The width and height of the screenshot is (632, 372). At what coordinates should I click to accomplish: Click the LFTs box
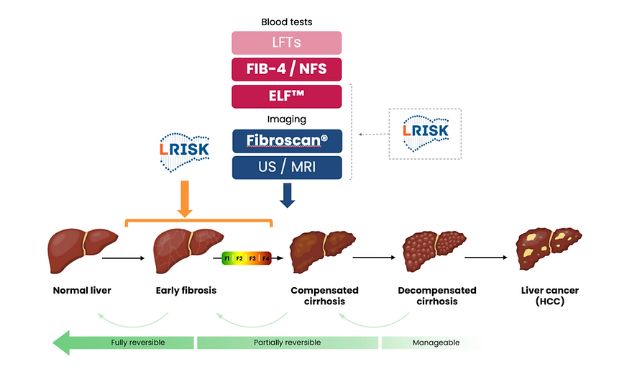pyautogui.click(x=286, y=43)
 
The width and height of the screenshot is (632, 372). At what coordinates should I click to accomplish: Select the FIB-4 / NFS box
pyautogui.click(x=286, y=70)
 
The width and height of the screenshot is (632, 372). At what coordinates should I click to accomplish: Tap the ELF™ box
pyautogui.click(x=286, y=96)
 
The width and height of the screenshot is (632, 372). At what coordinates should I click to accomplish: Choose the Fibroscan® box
pyautogui.click(x=286, y=141)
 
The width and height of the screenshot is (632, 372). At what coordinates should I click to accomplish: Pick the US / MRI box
pyautogui.click(x=286, y=168)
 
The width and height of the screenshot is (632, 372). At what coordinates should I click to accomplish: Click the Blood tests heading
pyautogui.click(x=286, y=22)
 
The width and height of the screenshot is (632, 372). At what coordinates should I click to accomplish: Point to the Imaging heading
pyautogui.click(x=286, y=119)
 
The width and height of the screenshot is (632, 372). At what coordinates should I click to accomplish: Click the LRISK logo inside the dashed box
pyautogui.click(x=424, y=133)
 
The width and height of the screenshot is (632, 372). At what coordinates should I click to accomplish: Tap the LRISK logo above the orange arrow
pyautogui.click(x=183, y=152)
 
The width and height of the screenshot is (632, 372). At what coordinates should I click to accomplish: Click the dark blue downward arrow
pyautogui.click(x=287, y=195)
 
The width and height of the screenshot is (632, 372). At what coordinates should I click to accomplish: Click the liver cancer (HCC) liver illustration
pyautogui.click(x=548, y=248)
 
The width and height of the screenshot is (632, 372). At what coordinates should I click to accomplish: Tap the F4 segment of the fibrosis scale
pyautogui.click(x=265, y=257)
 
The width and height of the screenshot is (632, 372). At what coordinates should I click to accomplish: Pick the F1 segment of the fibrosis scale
pyautogui.click(x=227, y=257)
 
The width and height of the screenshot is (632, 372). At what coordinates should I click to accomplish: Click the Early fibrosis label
pyautogui.click(x=186, y=291)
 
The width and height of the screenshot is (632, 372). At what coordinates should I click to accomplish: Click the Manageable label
pyautogui.click(x=435, y=342)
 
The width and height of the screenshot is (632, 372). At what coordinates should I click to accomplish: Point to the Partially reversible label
pyautogui.click(x=287, y=342)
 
